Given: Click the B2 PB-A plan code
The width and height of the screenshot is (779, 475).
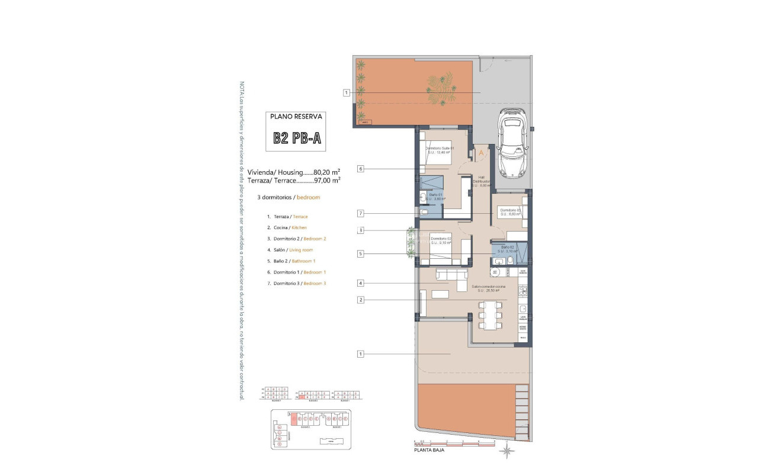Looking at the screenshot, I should tap(297, 138).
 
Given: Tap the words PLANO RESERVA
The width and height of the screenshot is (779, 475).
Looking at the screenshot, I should tap(297, 117).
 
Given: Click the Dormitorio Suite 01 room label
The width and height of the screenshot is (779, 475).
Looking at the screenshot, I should tap(439, 148).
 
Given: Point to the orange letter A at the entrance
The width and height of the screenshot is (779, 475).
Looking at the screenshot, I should tap(482, 152).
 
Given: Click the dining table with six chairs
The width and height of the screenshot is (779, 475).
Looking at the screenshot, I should tap(491, 314).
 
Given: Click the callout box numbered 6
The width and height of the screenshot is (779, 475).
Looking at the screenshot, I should tap(360, 169).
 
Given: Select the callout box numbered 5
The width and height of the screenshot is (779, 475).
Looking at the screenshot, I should tap(360, 254).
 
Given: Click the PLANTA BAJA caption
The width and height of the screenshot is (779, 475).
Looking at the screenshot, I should tap(429, 450).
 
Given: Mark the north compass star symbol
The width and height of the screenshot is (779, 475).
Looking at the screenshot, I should tap(507, 452).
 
